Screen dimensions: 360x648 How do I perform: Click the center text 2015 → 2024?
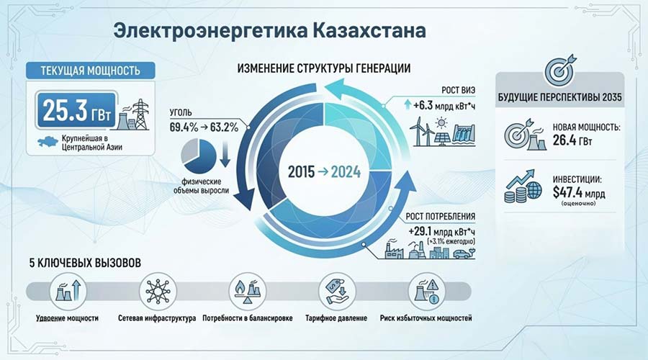pos(323,174)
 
